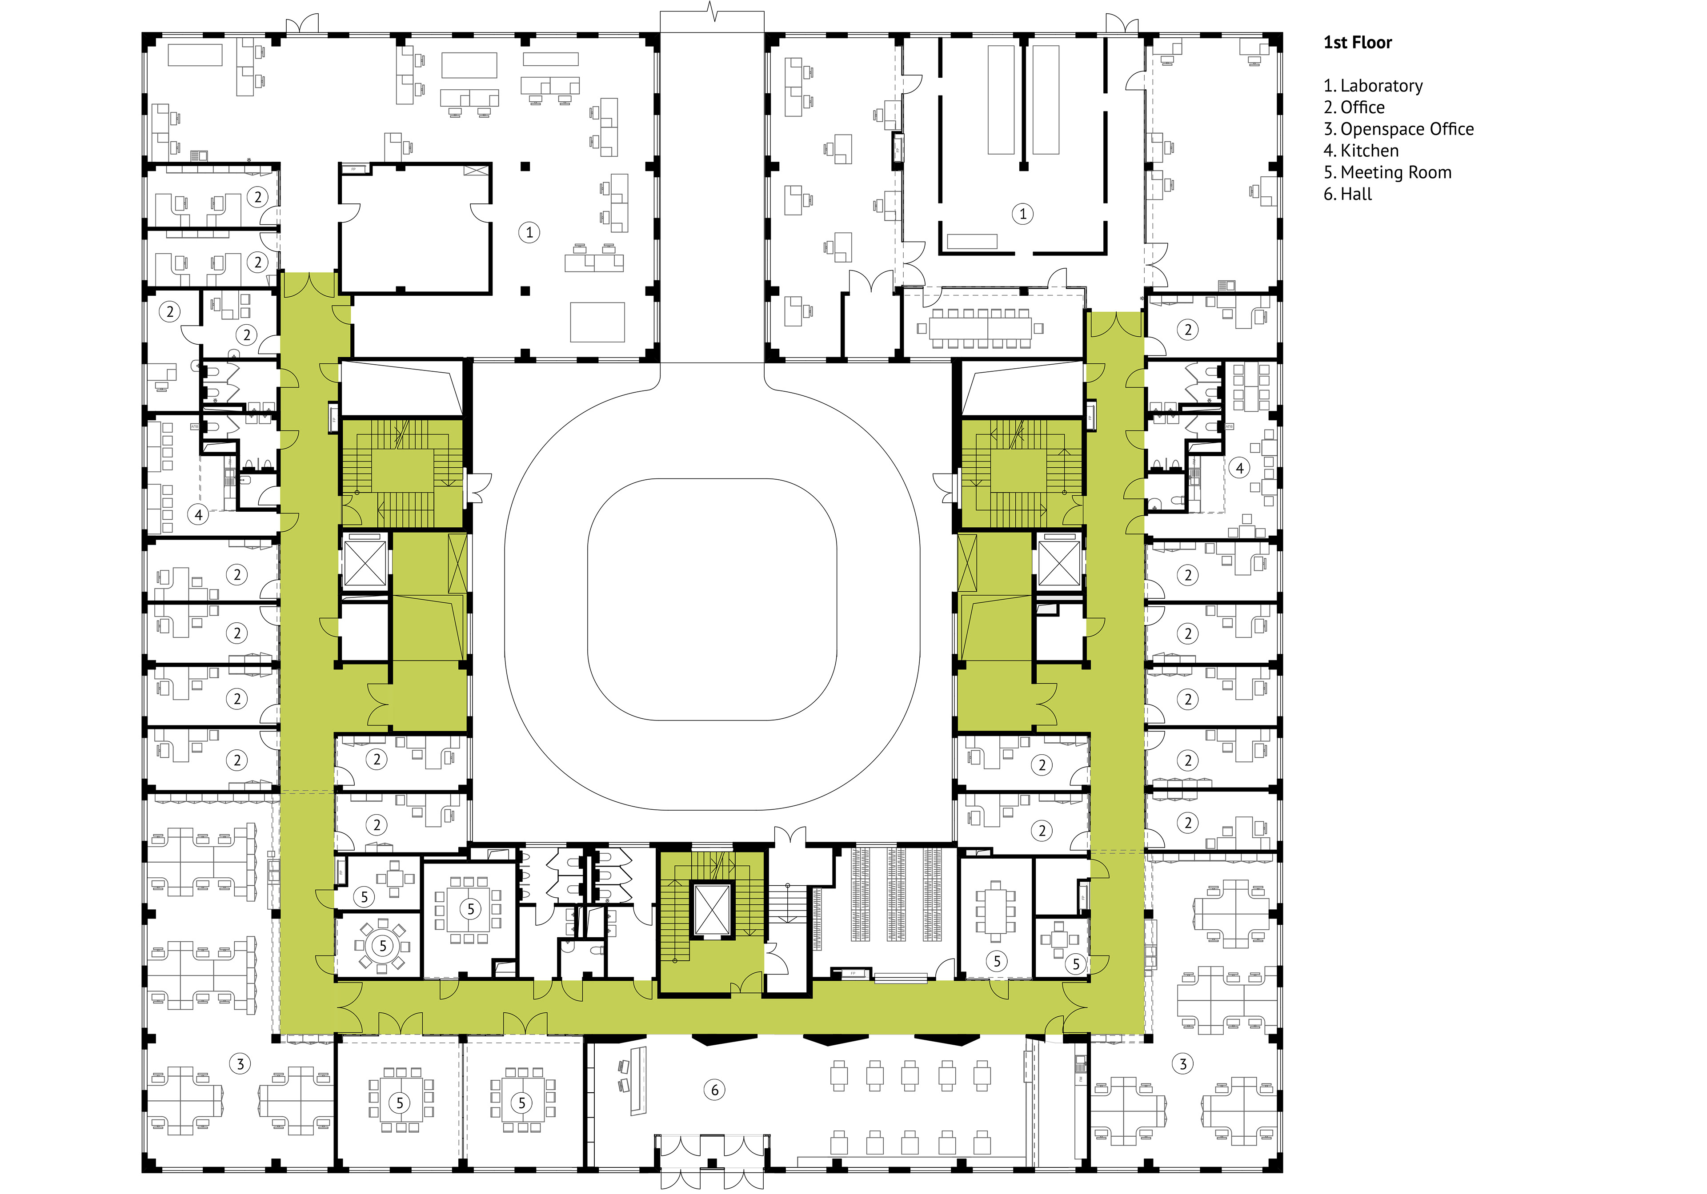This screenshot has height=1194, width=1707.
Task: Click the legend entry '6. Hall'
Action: coord(1347,194)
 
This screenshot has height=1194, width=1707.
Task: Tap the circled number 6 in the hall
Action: coord(714,1090)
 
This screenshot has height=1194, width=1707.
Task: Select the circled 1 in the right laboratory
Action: coord(1023,214)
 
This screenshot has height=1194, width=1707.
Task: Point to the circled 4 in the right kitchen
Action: coord(1239,468)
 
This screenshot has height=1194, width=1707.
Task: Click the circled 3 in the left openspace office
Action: coord(240,1064)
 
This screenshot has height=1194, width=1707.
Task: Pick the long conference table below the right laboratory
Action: coord(980,328)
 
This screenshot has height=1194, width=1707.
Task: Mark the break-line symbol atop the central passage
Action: coord(712,12)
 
